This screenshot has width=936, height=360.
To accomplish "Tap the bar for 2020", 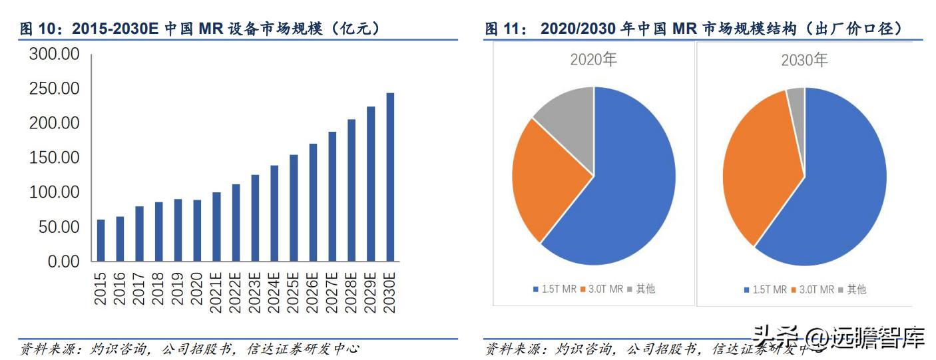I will tap(197, 230).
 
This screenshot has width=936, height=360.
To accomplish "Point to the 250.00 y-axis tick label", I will tap(54, 89).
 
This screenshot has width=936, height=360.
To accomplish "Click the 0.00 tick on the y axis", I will tap(63, 262).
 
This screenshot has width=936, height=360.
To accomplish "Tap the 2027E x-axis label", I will tap(332, 287).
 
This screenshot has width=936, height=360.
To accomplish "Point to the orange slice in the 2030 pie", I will tap(759, 173).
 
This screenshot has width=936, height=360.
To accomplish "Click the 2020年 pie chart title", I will tap(593, 60).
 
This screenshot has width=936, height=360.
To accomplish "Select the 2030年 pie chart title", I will tap(804, 61).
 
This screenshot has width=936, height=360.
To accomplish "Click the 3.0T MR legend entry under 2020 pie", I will tap(602, 289).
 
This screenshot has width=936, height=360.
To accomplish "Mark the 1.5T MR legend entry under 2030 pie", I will tap(765, 289).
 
